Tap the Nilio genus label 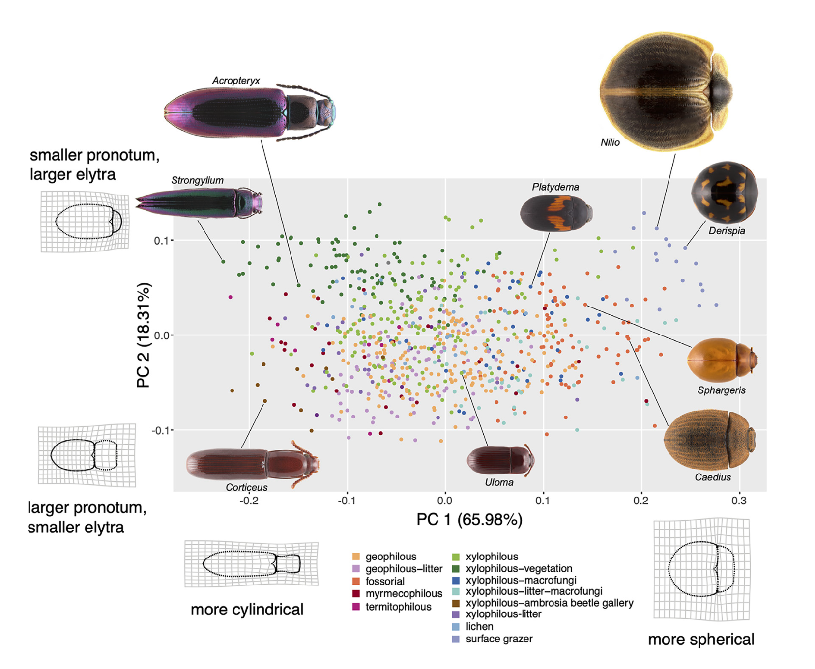[x=610, y=142]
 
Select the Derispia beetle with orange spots [x=724, y=193]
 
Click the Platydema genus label [x=555, y=187]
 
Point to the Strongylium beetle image [x=199, y=202]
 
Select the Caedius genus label [x=712, y=477]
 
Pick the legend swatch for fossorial [x=356, y=581]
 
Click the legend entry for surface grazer [x=499, y=639]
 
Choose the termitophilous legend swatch [x=356, y=607]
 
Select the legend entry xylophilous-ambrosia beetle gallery [x=549, y=603]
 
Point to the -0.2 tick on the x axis [x=249, y=501]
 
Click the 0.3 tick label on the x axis [x=739, y=501]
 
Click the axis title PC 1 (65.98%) [x=469, y=520]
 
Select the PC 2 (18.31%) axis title [x=143, y=335]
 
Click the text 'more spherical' [x=700, y=640]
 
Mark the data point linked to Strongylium [x=223, y=262]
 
